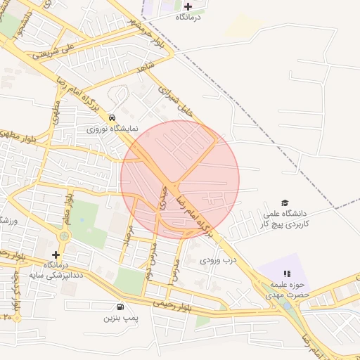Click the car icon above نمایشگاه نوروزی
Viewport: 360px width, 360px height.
coord(113,117)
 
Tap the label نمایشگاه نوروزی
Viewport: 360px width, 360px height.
coord(113,129)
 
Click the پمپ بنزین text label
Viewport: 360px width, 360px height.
coord(119,319)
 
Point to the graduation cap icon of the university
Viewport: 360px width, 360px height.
coord(285,202)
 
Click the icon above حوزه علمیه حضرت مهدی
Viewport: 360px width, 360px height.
coord(286,274)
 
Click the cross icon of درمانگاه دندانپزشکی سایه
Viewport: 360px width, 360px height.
coord(56,254)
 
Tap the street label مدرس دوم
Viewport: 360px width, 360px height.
coord(150,261)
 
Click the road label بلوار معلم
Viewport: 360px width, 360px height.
coord(68,209)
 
